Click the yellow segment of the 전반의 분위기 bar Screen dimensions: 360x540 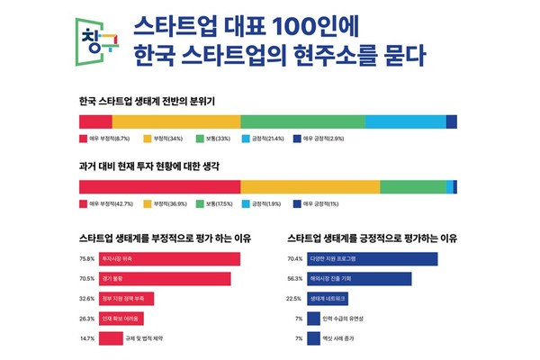(175, 122)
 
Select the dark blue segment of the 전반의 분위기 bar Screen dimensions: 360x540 (451, 122)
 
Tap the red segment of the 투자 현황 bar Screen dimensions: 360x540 (159, 187)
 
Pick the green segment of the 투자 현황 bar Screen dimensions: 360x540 (412, 187)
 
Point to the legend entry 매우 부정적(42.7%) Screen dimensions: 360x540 (111, 204)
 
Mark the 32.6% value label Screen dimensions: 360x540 (87, 299)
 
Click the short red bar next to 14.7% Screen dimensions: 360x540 (111, 338)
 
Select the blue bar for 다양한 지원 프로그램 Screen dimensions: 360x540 (372, 259)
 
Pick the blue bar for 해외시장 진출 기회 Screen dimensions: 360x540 (359, 279)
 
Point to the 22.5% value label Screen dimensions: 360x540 (294, 299)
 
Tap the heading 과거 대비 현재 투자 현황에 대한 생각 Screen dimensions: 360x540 (149, 167)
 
